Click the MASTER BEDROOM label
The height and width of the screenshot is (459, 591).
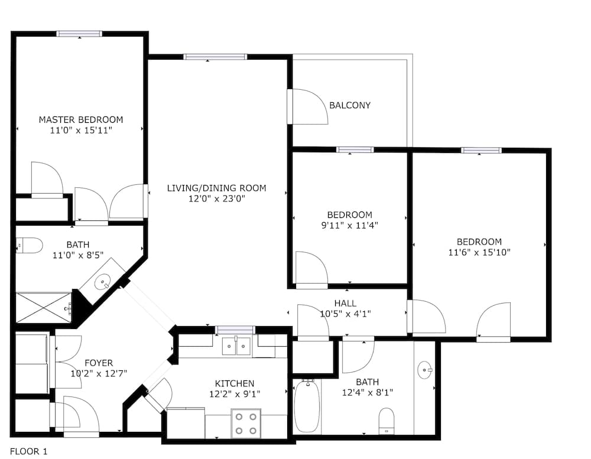click(x=81, y=119)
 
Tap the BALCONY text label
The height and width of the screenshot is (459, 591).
click(x=350, y=106)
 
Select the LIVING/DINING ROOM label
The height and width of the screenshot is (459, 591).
click(x=216, y=188)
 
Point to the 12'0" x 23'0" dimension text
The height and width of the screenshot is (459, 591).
click(x=216, y=199)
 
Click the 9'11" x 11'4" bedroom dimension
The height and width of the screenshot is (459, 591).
click(x=350, y=225)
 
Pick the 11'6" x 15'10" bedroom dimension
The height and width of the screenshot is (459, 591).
click(x=479, y=252)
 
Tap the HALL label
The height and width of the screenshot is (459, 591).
click(x=345, y=304)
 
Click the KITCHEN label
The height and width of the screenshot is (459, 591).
click(x=235, y=383)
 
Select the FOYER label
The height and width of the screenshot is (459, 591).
click(x=99, y=363)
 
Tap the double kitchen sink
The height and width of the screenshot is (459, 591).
click(x=236, y=346)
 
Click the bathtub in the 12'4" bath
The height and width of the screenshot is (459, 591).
click(x=307, y=406)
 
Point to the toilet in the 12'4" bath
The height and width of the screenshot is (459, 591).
click(x=387, y=421)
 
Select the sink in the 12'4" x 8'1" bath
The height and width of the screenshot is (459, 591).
click(x=426, y=371)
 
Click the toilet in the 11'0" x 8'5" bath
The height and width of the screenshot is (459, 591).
click(x=29, y=245)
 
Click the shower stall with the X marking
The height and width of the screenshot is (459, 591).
click(x=43, y=307)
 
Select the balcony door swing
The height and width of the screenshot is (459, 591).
click(x=309, y=107)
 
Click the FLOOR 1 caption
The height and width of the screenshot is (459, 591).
click(x=28, y=451)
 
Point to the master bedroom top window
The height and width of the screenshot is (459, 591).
click(x=79, y=34)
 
